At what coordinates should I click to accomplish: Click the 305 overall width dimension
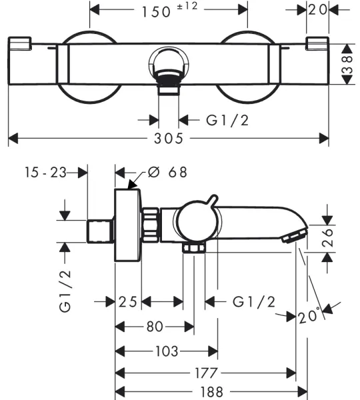(x=169, y=138)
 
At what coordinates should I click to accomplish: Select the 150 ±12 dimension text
(x=170, y=10)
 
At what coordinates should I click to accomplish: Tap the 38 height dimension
(x=347, y=65)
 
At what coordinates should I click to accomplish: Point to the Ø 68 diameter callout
(x=167, y=172)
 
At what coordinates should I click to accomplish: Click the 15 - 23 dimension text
(x=46, y=172)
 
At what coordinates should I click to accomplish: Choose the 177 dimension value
(x=207, y=373)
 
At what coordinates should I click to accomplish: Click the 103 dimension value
(x=167, y=351)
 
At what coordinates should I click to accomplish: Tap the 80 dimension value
(x=155, y=327)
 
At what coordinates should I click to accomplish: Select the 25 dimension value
(x=128, y=302)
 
